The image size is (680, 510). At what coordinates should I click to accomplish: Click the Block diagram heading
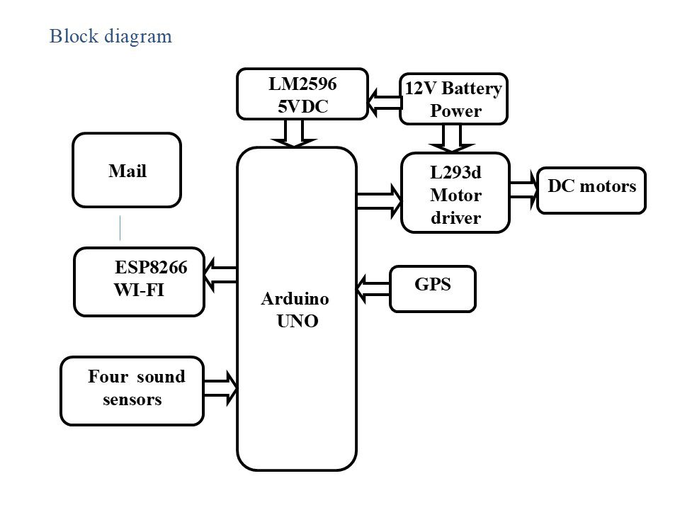(110, 36)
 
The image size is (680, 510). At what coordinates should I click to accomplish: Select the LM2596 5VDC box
(302, 93)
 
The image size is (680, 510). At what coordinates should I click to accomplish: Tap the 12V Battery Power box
(453, 99)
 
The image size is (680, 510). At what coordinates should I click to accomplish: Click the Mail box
(127, 170)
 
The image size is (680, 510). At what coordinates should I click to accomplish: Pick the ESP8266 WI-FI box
(140, 281)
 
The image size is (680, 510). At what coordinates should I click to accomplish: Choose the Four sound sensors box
(132, 390)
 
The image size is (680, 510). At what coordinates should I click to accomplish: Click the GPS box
(433, 288)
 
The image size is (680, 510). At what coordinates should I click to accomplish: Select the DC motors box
(591, 190)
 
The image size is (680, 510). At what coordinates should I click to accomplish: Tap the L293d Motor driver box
(455, 193)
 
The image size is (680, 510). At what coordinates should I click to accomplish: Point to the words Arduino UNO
(295, 310)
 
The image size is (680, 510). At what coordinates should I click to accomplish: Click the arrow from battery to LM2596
(385, 103)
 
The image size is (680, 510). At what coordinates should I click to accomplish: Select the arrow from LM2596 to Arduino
(294, 133)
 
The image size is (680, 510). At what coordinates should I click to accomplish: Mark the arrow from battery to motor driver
(452, 138)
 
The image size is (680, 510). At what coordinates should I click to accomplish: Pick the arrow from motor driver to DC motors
(523, 191)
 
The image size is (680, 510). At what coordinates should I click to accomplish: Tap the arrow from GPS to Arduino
(373, 288)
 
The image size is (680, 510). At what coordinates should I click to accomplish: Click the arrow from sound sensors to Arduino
(221, 387)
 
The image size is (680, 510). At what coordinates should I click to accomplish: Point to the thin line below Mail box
(120, 227)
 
